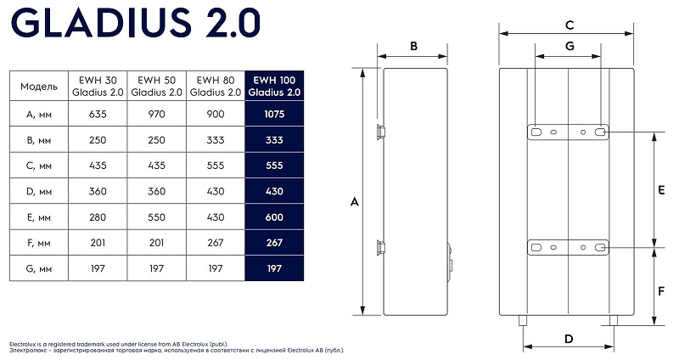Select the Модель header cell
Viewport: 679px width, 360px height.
(38, 87)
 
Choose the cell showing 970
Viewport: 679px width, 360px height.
(157, 113)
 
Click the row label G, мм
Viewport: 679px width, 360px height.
(38, 269)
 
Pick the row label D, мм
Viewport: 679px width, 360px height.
(38, 191)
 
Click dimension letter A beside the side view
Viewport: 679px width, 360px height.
(355, 201)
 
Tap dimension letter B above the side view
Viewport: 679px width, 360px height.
(413, 47)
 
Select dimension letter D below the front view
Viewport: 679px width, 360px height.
(570, 339)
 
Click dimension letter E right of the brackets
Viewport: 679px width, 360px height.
(661, 191)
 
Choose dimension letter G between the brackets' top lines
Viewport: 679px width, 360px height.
(570, 45)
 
